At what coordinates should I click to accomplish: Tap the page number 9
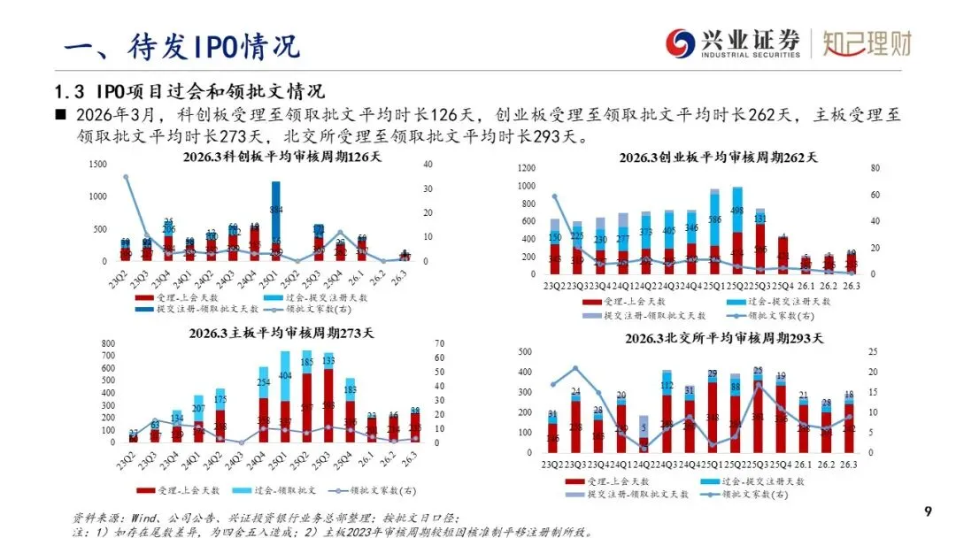[928, 511]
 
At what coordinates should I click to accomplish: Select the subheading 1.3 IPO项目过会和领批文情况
[189, 91]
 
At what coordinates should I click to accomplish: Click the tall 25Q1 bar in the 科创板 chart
[276, 221]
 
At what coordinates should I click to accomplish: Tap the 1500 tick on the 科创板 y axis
[97, 164]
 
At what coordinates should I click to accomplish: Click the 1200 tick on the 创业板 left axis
[526, 167]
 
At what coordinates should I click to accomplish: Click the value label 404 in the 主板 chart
[285, 376]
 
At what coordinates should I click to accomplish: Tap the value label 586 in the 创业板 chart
[715, 219]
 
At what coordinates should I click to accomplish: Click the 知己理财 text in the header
[867, 42]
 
